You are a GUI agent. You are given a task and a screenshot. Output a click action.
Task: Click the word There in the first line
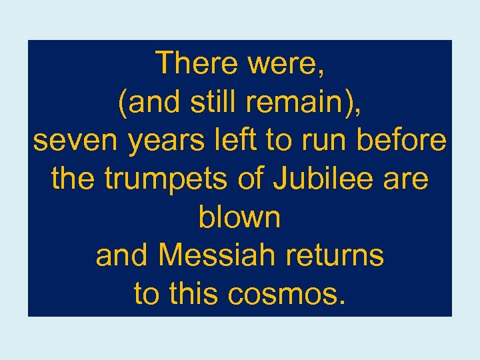pyautogui.click(x=196, y=64)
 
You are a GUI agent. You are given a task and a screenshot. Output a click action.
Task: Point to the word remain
pyautogui.click(x=293, y=103)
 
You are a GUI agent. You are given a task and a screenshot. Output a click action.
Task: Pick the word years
pyautogui.click(x=157, y=143)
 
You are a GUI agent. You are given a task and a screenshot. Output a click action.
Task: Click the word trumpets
pyautogui.click(x=159, y=180)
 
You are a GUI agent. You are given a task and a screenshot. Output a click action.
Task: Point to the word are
pyautogui.click(x=406, y=180)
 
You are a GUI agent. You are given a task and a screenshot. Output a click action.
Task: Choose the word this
pyautogui.click(x=193, y=294)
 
